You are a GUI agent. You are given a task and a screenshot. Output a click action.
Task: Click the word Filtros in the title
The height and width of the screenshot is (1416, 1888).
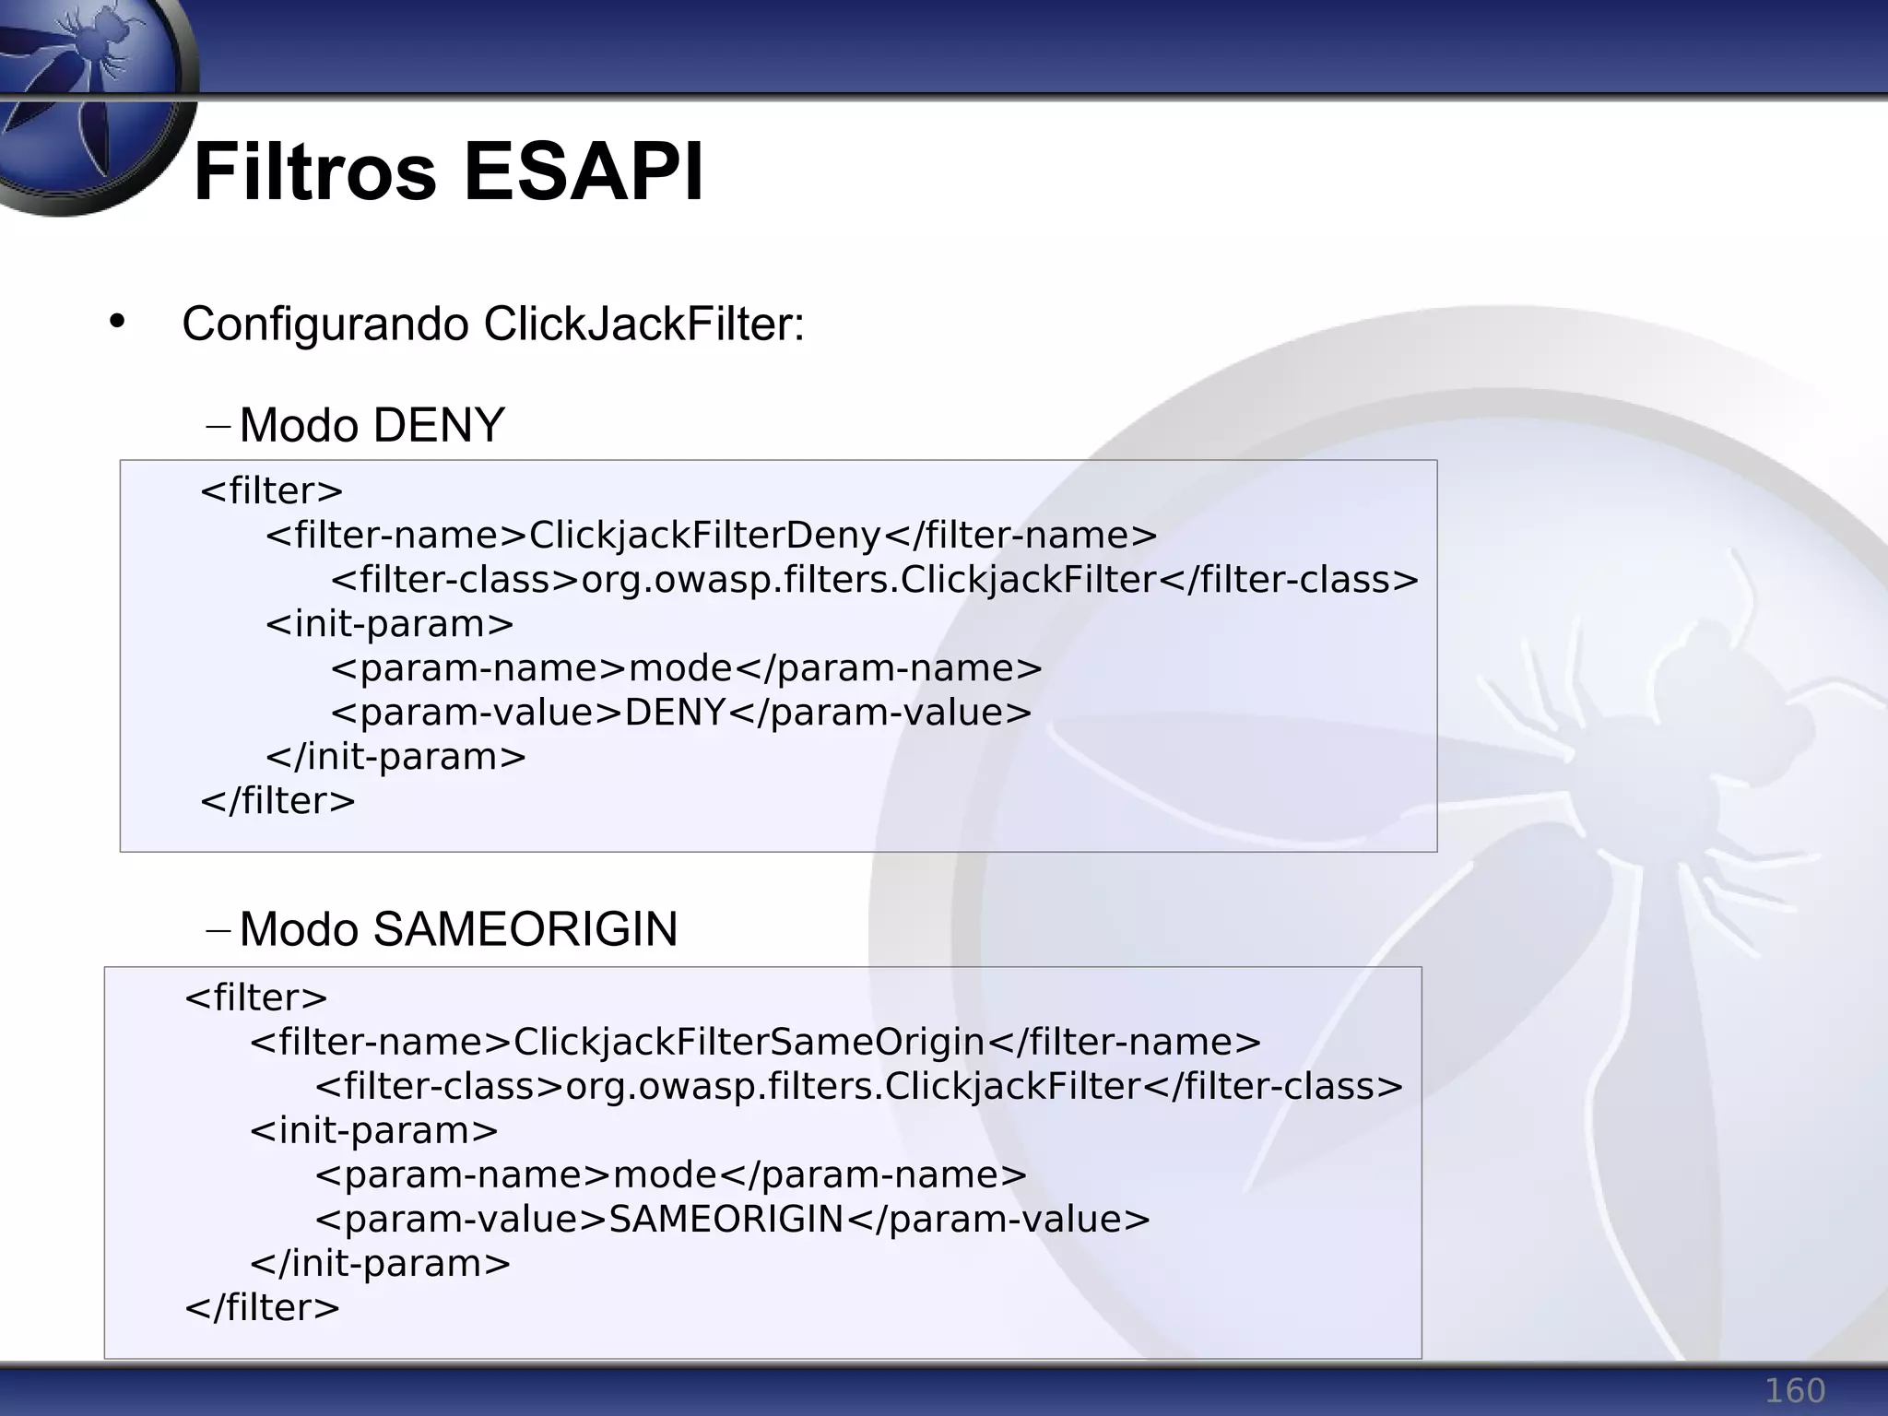314,172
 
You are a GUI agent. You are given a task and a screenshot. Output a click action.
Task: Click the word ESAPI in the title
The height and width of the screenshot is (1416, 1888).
584,172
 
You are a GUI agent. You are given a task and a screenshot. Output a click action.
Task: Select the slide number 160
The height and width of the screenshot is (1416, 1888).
1794,1390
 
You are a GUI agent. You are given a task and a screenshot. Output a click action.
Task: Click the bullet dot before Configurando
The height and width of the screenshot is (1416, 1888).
116,322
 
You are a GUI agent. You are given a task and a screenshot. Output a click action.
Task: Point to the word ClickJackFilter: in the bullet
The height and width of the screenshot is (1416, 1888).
643,324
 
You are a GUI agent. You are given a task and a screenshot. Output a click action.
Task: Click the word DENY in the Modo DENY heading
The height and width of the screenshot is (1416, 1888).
439,426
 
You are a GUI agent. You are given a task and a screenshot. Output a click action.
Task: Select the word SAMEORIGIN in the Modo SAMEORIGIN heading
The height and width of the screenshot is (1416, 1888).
525,929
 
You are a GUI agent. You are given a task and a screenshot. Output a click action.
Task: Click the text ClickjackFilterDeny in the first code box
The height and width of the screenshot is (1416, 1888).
705,535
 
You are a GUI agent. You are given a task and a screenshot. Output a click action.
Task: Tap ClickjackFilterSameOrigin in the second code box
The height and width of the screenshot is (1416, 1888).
749,1042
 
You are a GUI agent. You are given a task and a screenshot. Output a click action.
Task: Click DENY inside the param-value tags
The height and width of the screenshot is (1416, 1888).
676,713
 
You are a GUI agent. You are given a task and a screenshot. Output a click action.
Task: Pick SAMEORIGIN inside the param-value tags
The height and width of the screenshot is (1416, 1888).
726,1219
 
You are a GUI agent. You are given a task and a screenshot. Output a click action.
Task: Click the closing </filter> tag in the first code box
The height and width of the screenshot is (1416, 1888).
277,800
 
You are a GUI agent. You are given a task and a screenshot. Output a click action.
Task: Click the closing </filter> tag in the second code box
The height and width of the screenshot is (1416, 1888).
262,1307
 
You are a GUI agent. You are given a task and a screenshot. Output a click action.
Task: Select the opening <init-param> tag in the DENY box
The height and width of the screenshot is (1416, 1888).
389,624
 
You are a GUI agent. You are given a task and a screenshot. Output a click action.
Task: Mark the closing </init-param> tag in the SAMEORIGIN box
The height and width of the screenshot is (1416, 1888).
380,1263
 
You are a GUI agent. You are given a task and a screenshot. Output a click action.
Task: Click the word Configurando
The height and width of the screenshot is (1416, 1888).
325,324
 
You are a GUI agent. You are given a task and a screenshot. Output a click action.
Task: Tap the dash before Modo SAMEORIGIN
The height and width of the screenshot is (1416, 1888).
218,930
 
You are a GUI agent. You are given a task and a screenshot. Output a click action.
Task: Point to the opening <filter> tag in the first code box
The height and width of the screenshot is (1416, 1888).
271,490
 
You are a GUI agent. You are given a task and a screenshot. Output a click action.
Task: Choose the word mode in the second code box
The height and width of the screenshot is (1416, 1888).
664,1174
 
